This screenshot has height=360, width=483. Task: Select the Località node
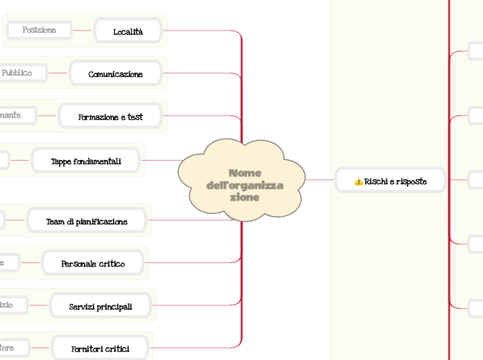[x=128, y=31]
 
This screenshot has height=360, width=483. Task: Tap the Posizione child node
[x=39, y=30]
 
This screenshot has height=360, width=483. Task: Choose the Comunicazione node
[x=116, y=74]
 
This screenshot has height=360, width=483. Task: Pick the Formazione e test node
[x=110, y=117]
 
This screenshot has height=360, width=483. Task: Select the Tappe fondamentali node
[x=86, y=161]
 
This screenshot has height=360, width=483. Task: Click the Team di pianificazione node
[x=87, y=222]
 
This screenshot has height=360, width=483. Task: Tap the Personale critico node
[x=93, y=264]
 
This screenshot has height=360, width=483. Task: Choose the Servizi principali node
[x=100, y=306]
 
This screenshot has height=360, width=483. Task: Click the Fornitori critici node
[x=100, y=348]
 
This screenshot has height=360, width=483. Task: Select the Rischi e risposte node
[x=390, y=181]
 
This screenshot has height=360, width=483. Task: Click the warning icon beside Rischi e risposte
[x=358, y=181]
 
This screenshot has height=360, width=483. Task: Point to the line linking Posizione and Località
[x=83, y=31]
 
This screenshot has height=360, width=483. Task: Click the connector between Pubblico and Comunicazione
[x=58, y=73]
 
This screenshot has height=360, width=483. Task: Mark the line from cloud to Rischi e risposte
[x=320, y=181]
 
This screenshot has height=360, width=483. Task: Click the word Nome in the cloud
[x=245, y=172]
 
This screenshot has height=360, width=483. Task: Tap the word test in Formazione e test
[x=135, y=117]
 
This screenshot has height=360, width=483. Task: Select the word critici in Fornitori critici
[x=116, y=348]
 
